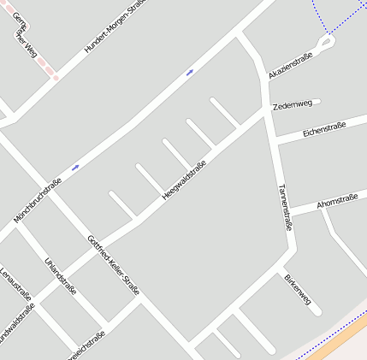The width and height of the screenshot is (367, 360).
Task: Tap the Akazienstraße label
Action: [x=291, y=64]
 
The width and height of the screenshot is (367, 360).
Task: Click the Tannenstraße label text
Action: [x=286, y=208]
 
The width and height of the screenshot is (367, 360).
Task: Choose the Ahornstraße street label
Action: [x=336, y=202]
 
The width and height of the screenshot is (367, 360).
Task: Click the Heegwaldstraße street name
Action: [x=184, y=180]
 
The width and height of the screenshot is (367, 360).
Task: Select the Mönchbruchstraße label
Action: [x=38, y=202]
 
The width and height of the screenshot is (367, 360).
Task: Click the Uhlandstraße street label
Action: [x=61, y=274]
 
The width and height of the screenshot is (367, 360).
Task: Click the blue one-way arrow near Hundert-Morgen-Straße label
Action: [x=189, y=73]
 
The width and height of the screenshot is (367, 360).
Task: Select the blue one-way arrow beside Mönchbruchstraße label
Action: [x=75, y=168]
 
